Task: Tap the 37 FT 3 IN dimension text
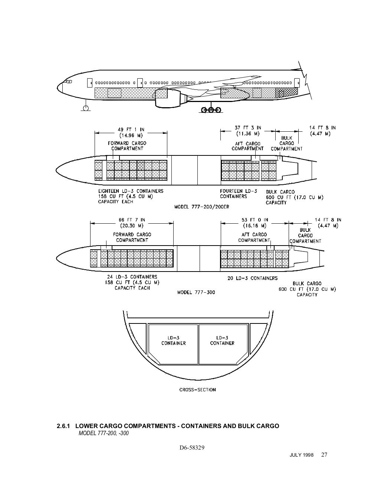tap(248, 128)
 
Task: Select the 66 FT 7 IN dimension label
tap(132, 220)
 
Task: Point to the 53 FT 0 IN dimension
tap(255, 220)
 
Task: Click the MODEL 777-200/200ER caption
tap(201, 207)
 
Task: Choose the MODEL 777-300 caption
tap(196, 292)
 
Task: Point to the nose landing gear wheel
tap(86, 108)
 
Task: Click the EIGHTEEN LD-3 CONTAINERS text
tap(131, 191)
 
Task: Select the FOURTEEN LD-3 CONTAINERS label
tap(239, 194)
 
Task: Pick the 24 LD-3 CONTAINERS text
tap(132, 277)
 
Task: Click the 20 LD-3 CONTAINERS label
tap(252, 278)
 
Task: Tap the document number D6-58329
tap(192, 448)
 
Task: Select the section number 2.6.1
tap(63, 426)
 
